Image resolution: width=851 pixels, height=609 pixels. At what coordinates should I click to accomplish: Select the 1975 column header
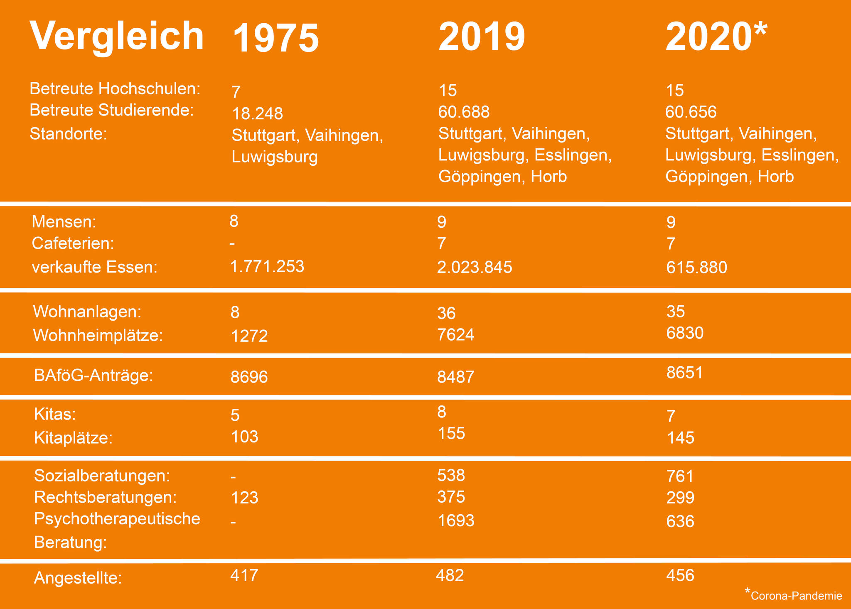pyautogui.click(x=275, y=38)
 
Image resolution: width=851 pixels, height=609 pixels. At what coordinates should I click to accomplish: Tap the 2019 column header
pyautogui.click(x=482, y=37)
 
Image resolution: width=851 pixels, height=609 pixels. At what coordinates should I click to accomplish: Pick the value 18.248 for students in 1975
pyautogui.click(x=257, y=113)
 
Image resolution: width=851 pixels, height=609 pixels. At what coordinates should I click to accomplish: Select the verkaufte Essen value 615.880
pyautogui.click(x=696, y=268)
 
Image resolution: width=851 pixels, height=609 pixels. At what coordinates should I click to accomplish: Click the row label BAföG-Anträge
pyautogui.click(x=94, y=376)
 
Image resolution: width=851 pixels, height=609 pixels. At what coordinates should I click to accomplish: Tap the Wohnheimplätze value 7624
pyautogui.click(x=456, y=334)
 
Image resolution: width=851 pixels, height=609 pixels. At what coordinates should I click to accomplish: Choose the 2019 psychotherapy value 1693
pyautogui.click(x=456, y=521)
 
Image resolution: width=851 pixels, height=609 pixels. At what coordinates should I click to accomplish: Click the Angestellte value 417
pyautogui.click(x=244, y=575)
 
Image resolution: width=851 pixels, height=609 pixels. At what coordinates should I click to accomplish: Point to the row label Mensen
pyautogui.click(x=64, y=222)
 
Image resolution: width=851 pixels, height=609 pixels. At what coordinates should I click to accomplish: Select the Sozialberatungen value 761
pyautogui.click(x=680, y=476)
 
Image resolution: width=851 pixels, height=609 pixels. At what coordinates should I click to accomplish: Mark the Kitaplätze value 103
pyautogui.click(x=244, y=437)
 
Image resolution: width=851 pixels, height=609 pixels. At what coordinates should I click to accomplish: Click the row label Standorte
pyautogui.click(x=69, y=134)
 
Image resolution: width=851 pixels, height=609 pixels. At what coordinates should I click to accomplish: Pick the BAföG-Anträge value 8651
pyautogui.click(x=685, y=373)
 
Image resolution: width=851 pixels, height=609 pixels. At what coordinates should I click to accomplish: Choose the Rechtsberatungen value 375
pyautogui.click(x=451, y=497)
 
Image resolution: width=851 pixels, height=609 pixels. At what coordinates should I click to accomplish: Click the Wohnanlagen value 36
pyautogui.click(x=446, y=313)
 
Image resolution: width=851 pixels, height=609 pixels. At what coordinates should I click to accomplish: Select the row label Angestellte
pyautogui.click(x=78, y=578)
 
